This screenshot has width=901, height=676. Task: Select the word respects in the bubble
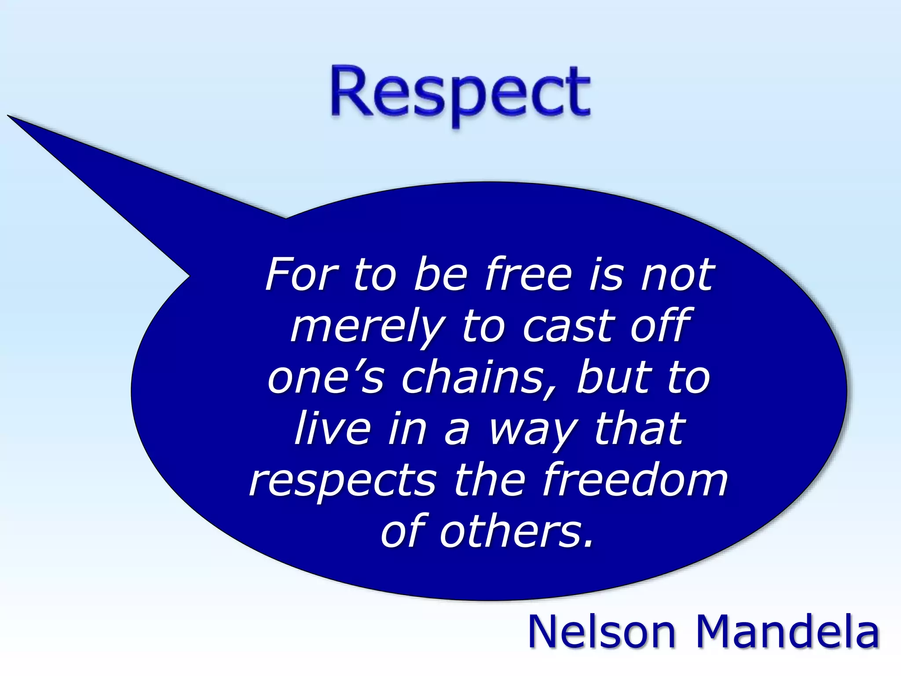point(343,481)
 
